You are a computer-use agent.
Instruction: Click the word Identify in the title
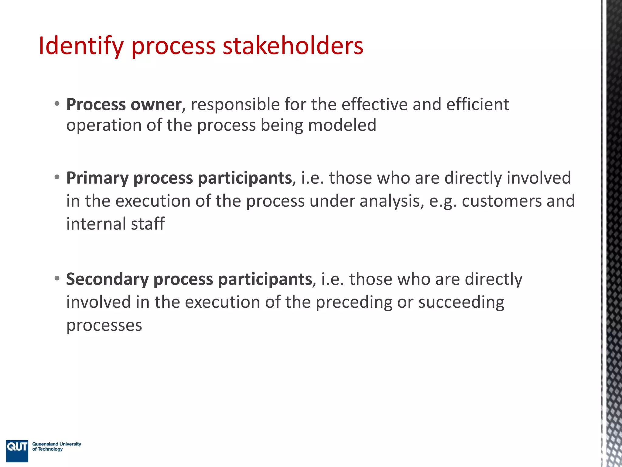pyautogui.click(x=81, y=46)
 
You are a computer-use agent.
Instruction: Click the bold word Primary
pyautogui.click(x=97, y=178)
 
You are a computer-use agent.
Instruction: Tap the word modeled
pyautogui.click(x=342, y=125)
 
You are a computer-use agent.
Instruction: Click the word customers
pyautogui.click(x=502, y=201)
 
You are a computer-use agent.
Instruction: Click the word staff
pyautogui.click(x=148, y=224)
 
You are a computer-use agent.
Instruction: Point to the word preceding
pyautogui.click(x=354, y=303)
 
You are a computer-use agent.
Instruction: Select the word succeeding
pyautogui.click(x=461, y=303)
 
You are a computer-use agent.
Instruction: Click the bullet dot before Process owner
pyautogui.click(x=57, y=104)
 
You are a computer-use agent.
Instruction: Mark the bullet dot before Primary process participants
pyautogui.click(x=57, y=177)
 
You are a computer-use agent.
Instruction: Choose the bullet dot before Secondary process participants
pyautogui.click(x=57, y=278)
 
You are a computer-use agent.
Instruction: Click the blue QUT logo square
pyautogui.click(x=17, y=451)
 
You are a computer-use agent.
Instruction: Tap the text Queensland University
pyautogui.click(x=57, y=444)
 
